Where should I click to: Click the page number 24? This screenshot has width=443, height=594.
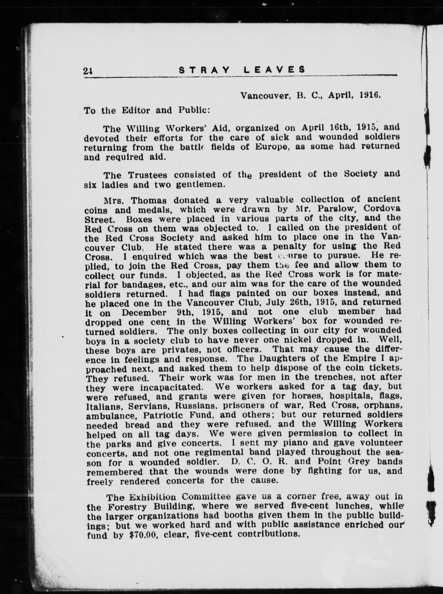[88, 71]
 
